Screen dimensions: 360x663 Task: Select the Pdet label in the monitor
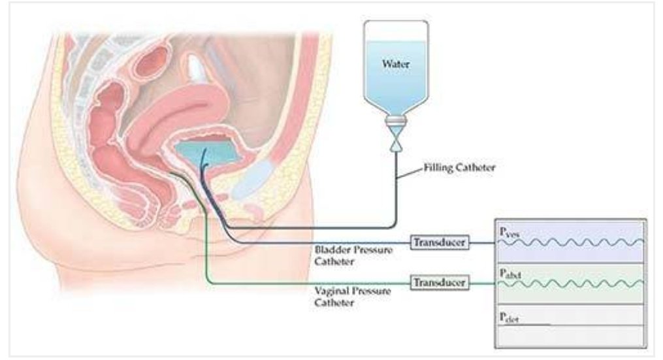click(508, 316)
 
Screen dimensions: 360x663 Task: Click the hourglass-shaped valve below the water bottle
click(396, 140)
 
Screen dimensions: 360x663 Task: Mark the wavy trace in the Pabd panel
click(572, 284)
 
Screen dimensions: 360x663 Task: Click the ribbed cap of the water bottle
click(396, 121)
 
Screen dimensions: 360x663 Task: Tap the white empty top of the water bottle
click(395, 29)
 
